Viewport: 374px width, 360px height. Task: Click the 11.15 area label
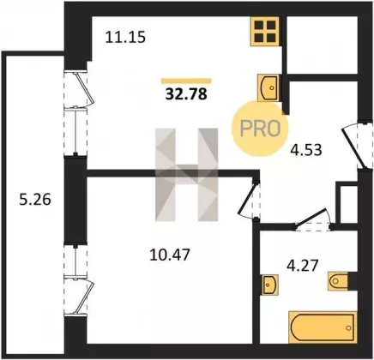(125, 37)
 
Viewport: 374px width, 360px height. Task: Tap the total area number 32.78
(186, 94)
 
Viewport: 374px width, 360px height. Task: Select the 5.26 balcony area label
(35, 200)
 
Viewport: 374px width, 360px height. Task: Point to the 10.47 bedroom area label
(170, 255)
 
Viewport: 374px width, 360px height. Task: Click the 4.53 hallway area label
(306, 150)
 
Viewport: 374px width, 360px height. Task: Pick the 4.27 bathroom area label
(302, 266)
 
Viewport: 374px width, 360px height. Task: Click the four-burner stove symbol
(265, 31)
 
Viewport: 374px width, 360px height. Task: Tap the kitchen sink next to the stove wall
(268, 87)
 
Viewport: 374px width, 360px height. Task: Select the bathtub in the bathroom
(323, 327)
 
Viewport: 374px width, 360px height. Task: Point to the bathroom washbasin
(269, 285)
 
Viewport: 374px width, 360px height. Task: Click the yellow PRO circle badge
(260, 129)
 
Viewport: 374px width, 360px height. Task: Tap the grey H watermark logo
(186, 175)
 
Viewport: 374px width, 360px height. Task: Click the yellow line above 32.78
(186, 81)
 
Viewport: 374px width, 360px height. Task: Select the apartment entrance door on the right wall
(358, 146)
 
